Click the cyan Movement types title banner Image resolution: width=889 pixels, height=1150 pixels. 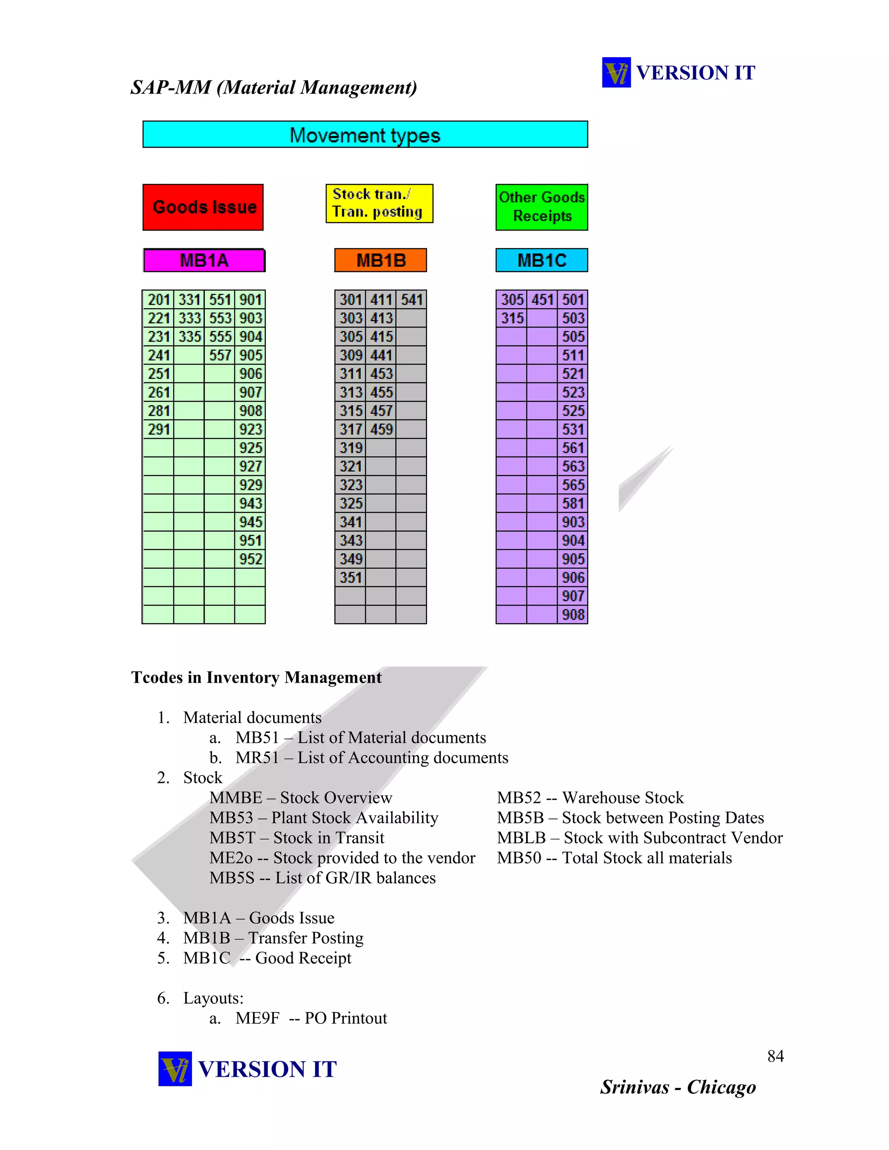click(x=365, y=135)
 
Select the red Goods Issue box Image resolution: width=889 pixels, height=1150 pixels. click(x=203, y=207)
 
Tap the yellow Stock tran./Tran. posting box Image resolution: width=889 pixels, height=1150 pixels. click(x=379, y=203)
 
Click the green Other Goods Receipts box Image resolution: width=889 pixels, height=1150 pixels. click(x=541, y=207)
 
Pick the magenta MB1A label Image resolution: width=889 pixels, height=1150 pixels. click(x=204, y=260)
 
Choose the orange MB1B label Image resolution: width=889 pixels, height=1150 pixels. click(x=380, y=260)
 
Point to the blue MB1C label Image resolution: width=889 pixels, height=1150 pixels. click(x=541, y=260)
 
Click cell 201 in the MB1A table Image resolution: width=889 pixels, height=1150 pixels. click(x=158, y=299)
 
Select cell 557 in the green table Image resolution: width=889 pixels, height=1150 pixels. click(x=220, y=355)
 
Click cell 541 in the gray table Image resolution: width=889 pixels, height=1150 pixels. click(x=412, y=299)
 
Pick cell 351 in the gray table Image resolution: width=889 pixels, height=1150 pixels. click(x=350, y=578)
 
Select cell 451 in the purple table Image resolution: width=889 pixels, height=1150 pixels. click(x=543, y=299)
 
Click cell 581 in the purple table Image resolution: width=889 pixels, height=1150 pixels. click(x=573, y=503)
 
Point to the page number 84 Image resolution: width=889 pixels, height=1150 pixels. click(x=775, y=1056)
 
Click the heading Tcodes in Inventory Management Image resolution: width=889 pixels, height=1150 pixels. click(x=257, y=677)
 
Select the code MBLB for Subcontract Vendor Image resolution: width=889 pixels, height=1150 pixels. click(x=521, y=838)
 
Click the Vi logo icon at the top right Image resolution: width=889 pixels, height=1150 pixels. click(x=616, y=72)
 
